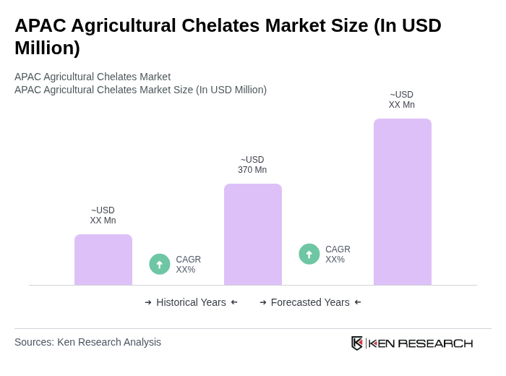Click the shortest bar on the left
[x=103, y=260]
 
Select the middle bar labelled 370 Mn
[x=252, y=234]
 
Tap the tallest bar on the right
[x=402, y=202]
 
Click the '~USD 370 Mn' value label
[x=252, y=165]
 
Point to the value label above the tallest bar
[x=402, y=100]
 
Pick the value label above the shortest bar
[x=103, y=215]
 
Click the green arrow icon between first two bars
[x=160, y=264]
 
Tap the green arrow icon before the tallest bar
[x=309, y=254]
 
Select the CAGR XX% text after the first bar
[x=188, y=265]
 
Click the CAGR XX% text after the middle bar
[x=338, y=255]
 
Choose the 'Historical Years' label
[x=191, y=302]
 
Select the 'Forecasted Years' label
[x=310, y=302]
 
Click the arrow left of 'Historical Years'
[x=148, y=302]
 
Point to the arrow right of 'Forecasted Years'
[x=358, y=302]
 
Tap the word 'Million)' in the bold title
[x=47, y=48]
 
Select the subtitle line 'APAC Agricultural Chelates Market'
[x=93, y=77]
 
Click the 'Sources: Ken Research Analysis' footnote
[x=87, y=342]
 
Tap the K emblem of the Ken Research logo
[x=357, y=343]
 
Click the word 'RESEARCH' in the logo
[x=435, y=343]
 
